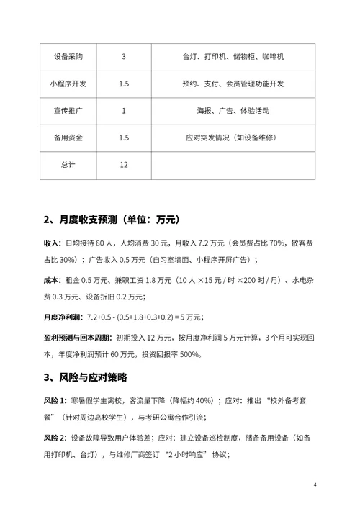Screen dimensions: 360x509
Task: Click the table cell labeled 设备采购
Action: (70, 56)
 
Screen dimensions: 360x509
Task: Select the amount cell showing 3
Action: (124, 56)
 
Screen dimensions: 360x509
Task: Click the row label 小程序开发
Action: (70, 84)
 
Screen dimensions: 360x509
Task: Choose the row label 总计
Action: (70, 165)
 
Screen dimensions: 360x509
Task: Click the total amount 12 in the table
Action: (124, 165)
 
